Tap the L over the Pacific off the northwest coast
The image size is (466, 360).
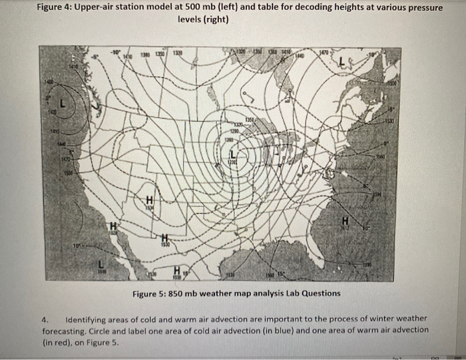point(62,105)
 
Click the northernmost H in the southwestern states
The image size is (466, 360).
point(150,200)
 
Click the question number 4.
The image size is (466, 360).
point(45,319)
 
